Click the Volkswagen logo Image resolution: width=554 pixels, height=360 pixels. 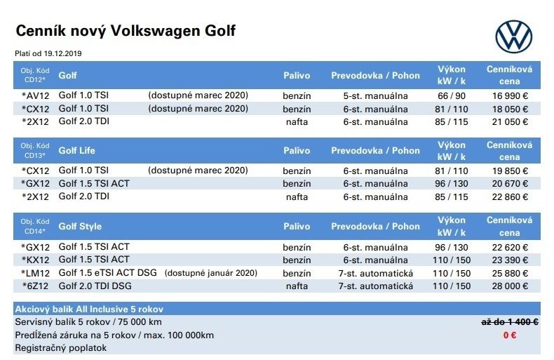click(513, 35)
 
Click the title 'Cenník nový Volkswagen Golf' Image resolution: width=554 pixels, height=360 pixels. click(126, 31)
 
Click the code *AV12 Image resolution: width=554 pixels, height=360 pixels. click(36, 95)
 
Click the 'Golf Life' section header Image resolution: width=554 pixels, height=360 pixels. click(77, 150)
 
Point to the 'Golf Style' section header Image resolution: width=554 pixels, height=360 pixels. click(80, 227)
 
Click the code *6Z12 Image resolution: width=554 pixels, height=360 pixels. click(36, 286)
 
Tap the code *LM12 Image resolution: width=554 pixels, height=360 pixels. click(36, 273)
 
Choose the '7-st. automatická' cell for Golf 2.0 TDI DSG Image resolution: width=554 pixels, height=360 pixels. click(375, 286)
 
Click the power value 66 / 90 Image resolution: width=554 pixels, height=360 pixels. click(452, 95)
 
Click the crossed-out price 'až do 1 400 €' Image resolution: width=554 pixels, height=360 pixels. click(509, 322)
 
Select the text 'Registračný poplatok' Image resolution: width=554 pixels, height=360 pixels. click(61, 347)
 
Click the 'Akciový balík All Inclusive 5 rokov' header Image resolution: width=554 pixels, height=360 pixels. click(93, 309)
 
